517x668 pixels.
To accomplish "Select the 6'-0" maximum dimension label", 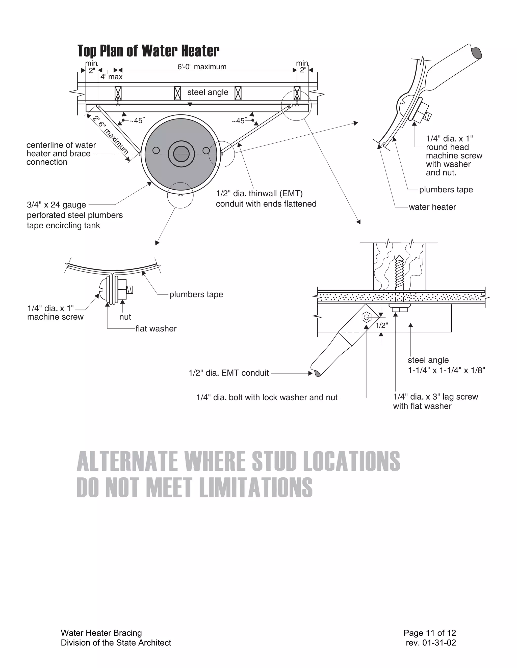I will click(202, 67).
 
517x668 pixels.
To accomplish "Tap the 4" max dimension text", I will click(112, 77).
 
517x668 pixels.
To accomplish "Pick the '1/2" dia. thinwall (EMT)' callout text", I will click(259, 194).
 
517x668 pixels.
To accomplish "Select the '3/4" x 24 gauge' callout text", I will click(56, 205).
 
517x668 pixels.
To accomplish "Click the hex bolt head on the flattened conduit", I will click(366, 317).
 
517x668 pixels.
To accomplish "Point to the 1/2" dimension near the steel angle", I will click(382, 325).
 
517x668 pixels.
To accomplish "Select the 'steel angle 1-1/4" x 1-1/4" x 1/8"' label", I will click(446, 365).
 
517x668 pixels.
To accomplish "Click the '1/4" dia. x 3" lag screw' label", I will click(435, 397).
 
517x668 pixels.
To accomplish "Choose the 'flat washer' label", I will click(156, 328).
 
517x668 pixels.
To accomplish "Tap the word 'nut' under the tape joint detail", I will click(125, 317).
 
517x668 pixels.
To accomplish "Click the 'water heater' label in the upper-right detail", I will click(432, 207).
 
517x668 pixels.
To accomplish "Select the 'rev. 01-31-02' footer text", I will click(431, 643).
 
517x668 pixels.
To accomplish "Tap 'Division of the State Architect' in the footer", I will click(116, 643).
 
